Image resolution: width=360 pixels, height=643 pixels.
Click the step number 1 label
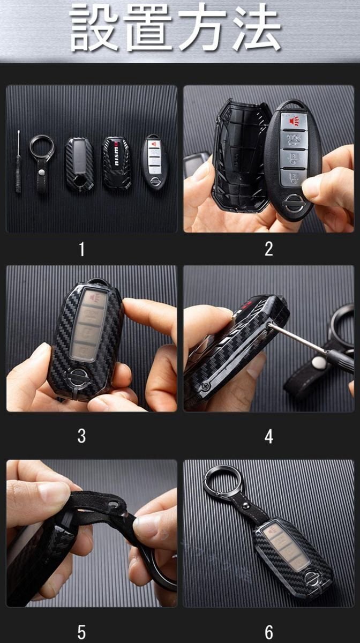tap(82, 249)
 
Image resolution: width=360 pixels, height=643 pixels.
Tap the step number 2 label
tap(269, 249)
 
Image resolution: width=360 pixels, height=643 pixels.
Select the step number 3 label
tap(82, 436)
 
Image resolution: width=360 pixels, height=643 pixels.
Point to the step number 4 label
tap(269, 436)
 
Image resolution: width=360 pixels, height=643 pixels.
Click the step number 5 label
tap(82, 632)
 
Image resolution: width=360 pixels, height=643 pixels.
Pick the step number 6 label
tap(269, 632)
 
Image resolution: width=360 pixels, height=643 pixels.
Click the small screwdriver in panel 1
tap(18, 162)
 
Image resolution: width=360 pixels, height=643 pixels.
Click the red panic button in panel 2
tap(294, 121)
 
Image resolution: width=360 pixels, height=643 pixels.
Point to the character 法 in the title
tap(257, 27)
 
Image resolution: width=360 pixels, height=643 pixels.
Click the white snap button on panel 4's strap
tap(319, 363)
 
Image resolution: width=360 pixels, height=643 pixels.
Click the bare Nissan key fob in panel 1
tap(154, 163)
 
